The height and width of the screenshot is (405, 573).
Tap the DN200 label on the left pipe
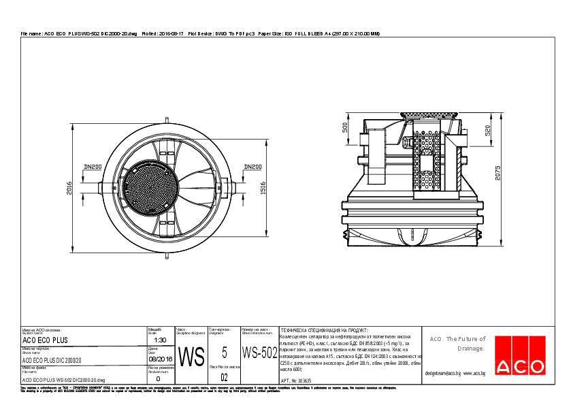pyautogui.click(x=92, y=167)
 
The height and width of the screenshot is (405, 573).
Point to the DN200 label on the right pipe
pyautogui.click(x=252, y=167)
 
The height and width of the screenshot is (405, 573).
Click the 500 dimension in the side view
pyautogui.click(x=345, y=128)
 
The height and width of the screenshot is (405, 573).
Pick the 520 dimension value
pyautogui.click(x=487, y=131)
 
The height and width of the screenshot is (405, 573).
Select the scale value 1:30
pyautogui.click(x=160, y=340)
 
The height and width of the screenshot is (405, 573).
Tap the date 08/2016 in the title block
pyautogui.click(x=160, y=358)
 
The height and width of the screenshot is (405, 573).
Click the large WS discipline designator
pyautogui.click(x=191, y=356)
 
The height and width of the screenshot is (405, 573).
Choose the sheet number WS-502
pyautogui.click(x=259, y=353)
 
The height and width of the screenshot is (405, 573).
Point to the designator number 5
pyautogui.click(x=224, y=352)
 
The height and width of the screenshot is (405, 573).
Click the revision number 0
pyautogui.click(x=159, y=378)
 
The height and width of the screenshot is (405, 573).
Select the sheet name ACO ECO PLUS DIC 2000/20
pyautogui.click(x=52, y=360)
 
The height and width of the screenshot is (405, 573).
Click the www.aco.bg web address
pyautogui.click(x=474, y=374)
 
